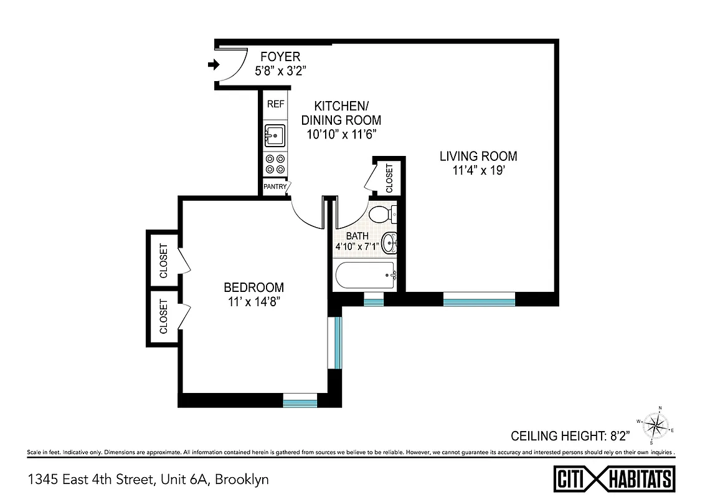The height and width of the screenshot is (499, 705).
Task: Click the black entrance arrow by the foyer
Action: point(214,64)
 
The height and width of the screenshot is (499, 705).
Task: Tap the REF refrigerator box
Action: point(275,104)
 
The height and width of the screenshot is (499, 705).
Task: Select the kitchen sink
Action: point(275,134)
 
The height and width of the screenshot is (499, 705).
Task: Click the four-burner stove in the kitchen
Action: point(275,164)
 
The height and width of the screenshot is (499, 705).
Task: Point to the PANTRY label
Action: point(275,187)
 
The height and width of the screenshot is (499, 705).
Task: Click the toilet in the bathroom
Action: point(381,215)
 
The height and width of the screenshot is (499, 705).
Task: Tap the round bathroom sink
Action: point(389,243)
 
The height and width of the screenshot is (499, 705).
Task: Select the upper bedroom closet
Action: point(164,259)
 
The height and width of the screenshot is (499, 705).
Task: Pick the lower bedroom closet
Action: point(164,317)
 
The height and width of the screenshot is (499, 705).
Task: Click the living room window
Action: point(479,302)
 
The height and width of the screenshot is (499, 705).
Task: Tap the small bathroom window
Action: point(373,302)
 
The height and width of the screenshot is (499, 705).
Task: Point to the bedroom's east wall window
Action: point(336,342)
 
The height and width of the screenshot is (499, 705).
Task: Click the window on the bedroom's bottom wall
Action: point(300,401)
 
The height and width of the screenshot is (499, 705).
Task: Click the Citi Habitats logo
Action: point(614,479)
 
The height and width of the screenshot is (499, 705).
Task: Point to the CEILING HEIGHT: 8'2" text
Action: point(570,435)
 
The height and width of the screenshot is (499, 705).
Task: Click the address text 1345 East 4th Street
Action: point(148,479)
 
